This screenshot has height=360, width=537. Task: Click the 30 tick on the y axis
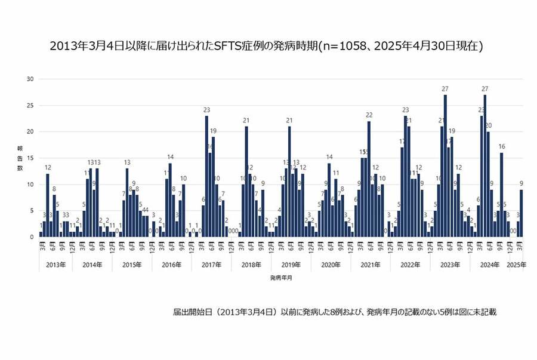coord(30,79)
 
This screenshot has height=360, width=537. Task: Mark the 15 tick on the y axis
coord(30,158)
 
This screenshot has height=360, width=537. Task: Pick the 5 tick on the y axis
coord(32,211)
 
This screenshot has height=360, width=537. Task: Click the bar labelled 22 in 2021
coord(369,179)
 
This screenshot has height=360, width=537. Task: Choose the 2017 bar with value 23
coord(206,176)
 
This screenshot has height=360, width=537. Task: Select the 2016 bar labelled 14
coord(170,200)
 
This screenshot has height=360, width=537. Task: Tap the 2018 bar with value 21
coord(246,181)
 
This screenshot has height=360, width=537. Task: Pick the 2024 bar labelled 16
coord(502,195)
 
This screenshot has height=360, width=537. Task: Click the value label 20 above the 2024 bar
coord(488,125)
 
